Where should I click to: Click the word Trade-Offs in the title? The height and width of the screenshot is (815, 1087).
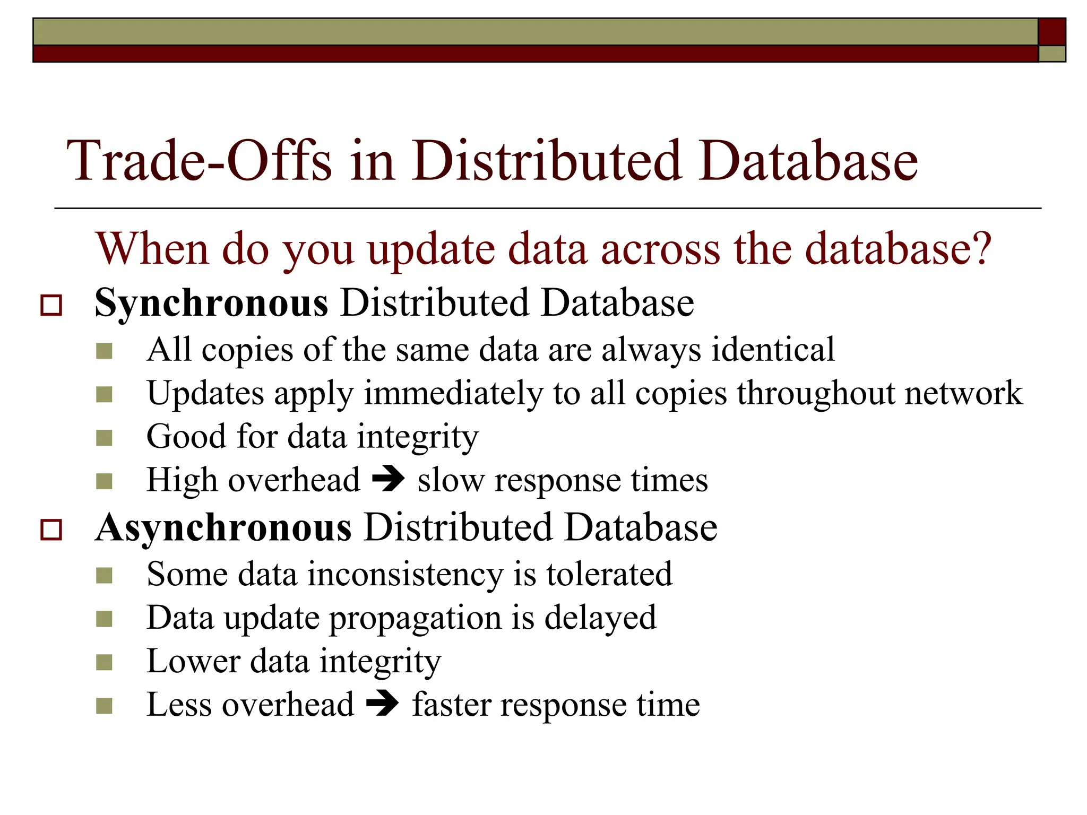(x=199, y=161)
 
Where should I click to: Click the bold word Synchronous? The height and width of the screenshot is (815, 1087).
(x=211, y=303)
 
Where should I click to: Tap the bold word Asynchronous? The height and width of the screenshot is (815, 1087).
(x=223, y=528)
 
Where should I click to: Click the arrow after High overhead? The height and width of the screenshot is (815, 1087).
(x=389, y=480)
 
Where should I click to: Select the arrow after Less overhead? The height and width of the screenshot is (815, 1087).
(x=383, y=705)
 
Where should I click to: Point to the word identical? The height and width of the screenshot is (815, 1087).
(x=773, y=350)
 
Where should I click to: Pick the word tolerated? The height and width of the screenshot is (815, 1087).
(x=609, y=574)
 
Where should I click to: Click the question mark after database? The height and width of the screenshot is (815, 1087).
(x=981, y=248)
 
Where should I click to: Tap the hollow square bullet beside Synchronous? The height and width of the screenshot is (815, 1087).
(x=51, y=306)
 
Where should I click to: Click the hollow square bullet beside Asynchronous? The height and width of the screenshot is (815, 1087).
(x=51, y=530)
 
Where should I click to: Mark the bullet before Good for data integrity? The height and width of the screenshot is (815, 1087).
(x=105, y=438)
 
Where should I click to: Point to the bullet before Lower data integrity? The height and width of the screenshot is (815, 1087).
(x=105, y=663)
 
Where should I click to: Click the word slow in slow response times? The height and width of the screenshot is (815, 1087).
(x=451, y=481)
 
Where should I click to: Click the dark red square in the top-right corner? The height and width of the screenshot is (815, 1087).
(x=1051, y=32)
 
